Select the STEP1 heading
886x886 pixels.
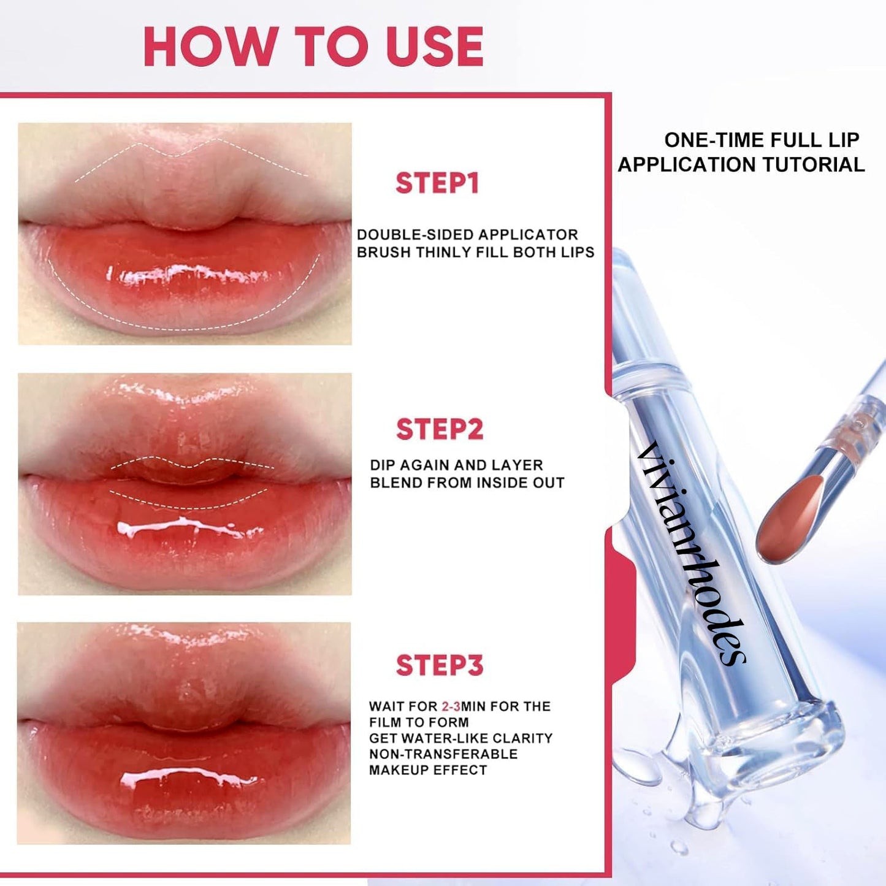coord(437,183)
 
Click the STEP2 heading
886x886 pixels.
coord(439,429)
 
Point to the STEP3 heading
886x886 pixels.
coord(439,665)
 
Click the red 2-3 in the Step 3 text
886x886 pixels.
coord(451,706)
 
